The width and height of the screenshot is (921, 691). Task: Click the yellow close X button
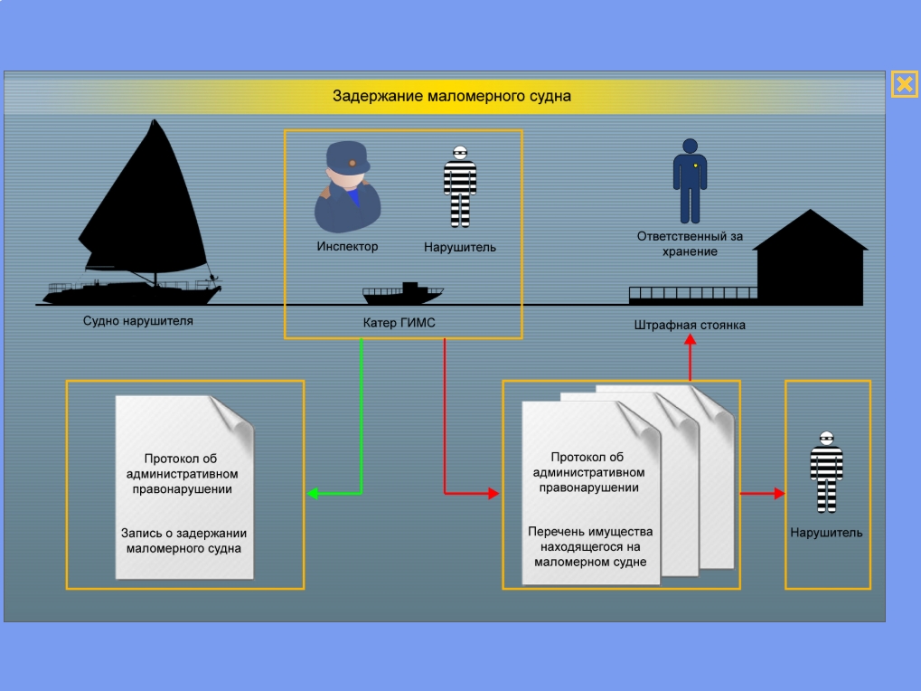coord(904,84)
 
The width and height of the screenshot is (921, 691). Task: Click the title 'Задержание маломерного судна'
coord(451,96)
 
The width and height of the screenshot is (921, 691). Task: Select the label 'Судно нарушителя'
coord(138,321)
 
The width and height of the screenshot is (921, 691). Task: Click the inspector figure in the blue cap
coord(346,187)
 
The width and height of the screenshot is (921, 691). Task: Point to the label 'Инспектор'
coord(347,246)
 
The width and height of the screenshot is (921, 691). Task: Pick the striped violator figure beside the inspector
coord(459,187)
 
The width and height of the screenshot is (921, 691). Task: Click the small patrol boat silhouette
coord(403,294)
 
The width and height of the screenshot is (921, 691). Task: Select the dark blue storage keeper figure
coord(690,181)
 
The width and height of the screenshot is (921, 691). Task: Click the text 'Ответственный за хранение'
coord(690,243)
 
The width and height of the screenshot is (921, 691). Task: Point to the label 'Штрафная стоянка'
coord(690,325)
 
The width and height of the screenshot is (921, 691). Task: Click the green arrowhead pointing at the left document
coord(313,494)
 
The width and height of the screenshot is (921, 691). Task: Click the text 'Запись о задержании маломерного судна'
coord(184,540)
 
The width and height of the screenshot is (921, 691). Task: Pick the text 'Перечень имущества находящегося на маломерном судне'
coord(590,546)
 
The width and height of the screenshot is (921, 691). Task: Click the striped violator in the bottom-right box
coord(826,470)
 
